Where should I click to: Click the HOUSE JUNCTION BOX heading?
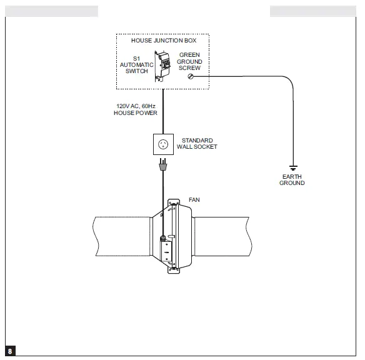click(163, 41)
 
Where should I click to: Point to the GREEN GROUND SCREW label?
click(189, 61)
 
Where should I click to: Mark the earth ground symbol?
click(292, 167)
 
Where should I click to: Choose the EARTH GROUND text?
click(292, 180)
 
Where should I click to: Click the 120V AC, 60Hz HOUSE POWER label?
click(136, 109)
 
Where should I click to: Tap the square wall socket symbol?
click(164, 144)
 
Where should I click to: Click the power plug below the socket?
click(164, 166)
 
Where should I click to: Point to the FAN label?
click(194, 200)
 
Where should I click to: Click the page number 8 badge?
click(10, 351)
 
